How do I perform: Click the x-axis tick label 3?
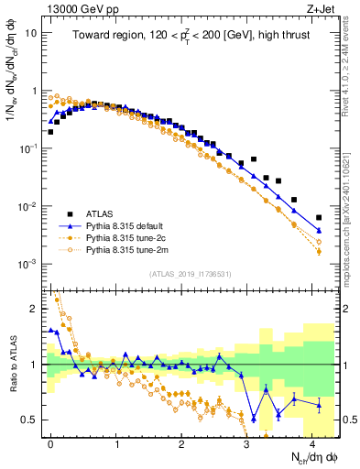(x=246, y=442)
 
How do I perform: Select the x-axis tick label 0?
(x=50, y=442)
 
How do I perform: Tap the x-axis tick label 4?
(x=311, y=442)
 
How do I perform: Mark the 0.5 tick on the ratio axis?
(x=30, y=420)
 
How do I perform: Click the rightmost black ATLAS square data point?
(x=319, y=218)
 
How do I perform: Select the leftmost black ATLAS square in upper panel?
(x=50, y=132)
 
